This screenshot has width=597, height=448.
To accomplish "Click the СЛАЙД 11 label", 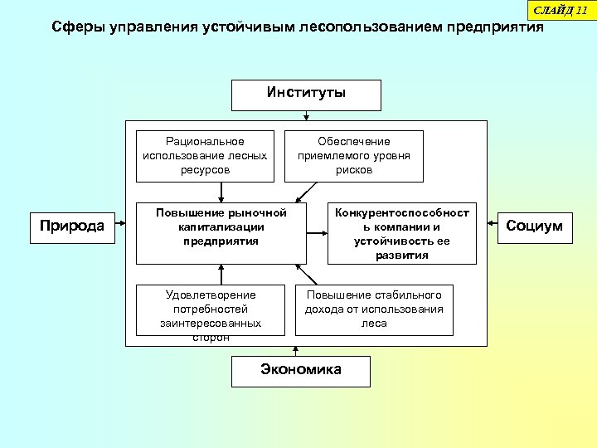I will pos(559,9).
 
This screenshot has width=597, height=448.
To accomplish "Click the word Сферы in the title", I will pos(76,27).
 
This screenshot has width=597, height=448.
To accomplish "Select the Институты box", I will pos(306,94).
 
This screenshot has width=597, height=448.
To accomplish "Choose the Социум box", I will pos(534,226).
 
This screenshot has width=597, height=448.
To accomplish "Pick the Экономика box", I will pos(300,370).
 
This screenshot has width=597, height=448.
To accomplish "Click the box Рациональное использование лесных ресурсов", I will pos(205,155).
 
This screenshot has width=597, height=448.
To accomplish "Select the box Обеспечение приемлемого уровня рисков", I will pos(354,155).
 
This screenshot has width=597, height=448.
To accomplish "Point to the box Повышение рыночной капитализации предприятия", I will pos(221,231).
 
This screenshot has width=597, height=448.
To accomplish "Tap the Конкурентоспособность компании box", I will pos(402,232).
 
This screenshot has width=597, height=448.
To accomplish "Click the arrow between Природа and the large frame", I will pos(120,226).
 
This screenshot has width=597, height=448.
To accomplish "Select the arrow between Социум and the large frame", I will pos(495,226).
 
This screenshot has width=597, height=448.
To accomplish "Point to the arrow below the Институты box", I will pos(306,115).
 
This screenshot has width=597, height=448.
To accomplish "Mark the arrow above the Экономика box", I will pos(296,352).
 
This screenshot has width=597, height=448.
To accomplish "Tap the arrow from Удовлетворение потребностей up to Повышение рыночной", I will pos(221,275).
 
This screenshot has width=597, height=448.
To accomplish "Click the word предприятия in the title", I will pos(496,27).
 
